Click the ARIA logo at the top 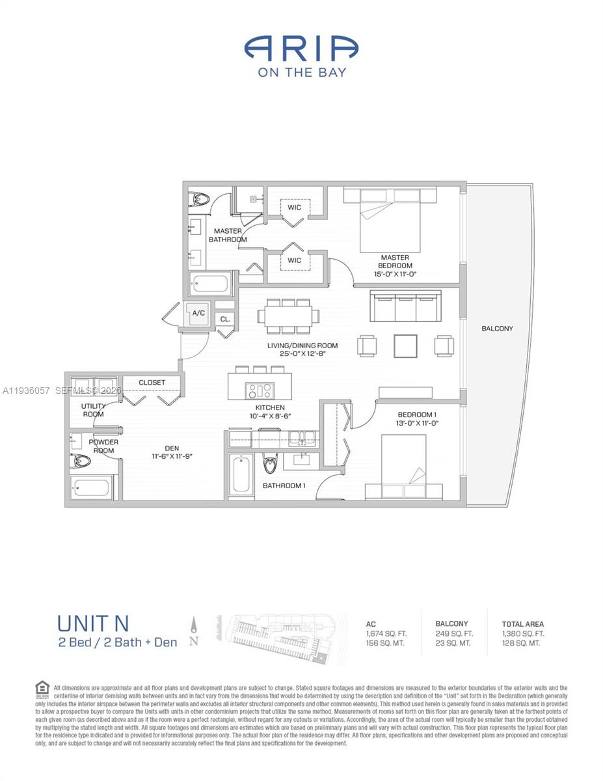301,49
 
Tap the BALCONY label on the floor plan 497,329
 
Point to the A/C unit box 198,314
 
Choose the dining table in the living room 288,316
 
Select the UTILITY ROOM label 92,410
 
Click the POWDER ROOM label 103,446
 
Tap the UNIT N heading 92,623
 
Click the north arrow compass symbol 193,629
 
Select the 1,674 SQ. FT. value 385,633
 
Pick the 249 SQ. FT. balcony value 454,633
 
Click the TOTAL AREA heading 522,623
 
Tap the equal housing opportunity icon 42,688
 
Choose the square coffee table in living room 405,346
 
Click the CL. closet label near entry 225,320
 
